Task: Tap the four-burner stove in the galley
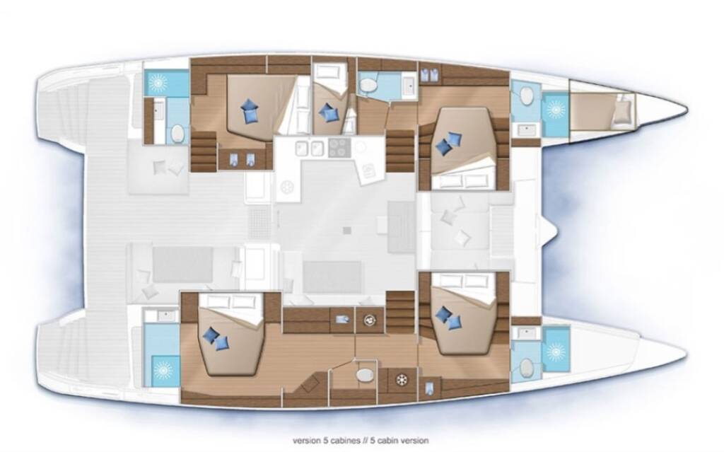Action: coord(339,148)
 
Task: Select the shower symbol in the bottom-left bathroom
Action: coord(163,370)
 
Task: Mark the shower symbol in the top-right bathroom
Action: coord(556,110)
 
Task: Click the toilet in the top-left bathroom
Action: coord(177,134)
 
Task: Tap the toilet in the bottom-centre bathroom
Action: coord(365,375)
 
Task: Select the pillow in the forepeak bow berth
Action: coord(621,114)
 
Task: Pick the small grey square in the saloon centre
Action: coord(347,230)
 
